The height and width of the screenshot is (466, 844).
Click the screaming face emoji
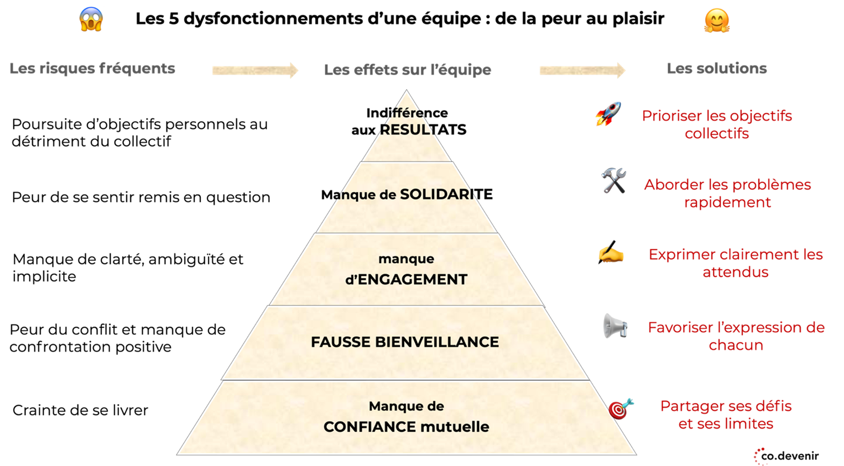coord(91,19)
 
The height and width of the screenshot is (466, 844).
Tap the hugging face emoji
coord(717,21)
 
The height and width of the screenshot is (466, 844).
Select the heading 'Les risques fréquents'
coord(92,69)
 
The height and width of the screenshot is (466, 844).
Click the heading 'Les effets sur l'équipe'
coord(408,70)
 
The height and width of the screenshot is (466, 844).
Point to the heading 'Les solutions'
coord(717,69)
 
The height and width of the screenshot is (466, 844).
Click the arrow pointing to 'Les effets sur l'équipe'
coord(255,70)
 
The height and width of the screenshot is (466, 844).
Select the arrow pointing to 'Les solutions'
coord(582,70)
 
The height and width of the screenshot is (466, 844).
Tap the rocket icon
coord(608,114)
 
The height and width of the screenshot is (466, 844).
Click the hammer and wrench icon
coord(614,181)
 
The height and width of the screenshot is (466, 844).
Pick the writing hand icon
coord(611,253)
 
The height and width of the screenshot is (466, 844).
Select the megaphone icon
coord(615,326)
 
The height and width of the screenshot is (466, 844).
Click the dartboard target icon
coord(621,409)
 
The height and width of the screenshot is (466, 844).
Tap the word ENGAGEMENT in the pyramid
coord(413,280)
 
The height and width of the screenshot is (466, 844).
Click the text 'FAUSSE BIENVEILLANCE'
coord(405,342)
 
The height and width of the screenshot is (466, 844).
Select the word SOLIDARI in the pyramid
coord(437,195)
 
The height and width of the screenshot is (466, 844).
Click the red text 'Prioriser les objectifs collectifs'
coord(717,125)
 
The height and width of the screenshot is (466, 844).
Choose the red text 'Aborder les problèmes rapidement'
coord(727,193)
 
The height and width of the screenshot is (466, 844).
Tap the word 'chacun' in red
coord(736,345)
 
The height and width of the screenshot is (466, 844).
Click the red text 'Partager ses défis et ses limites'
coord(726,415)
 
